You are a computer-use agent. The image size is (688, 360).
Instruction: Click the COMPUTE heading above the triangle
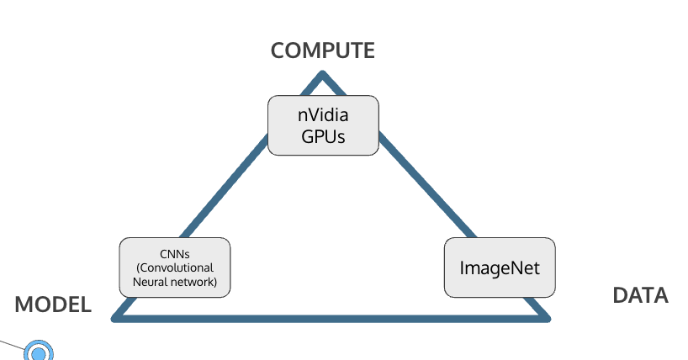tap(322, 50)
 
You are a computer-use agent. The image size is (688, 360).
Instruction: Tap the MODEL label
tap(53, 304)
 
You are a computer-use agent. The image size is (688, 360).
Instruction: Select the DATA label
tap(639, 295)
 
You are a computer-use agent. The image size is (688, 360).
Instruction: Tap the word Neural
tap(151, 282)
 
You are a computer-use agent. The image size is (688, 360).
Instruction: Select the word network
tap(195, 282)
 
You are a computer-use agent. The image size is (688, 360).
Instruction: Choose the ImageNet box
tap(499, 267)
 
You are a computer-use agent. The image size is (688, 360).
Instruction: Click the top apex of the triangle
tap(322, 77)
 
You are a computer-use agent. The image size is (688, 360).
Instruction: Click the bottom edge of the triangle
tap(336, 318)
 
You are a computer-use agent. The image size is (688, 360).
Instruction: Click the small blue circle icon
tap(38, 352)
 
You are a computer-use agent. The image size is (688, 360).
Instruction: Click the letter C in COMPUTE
tap(279, 50)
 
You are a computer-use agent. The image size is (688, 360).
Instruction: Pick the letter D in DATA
tap(619, 295)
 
